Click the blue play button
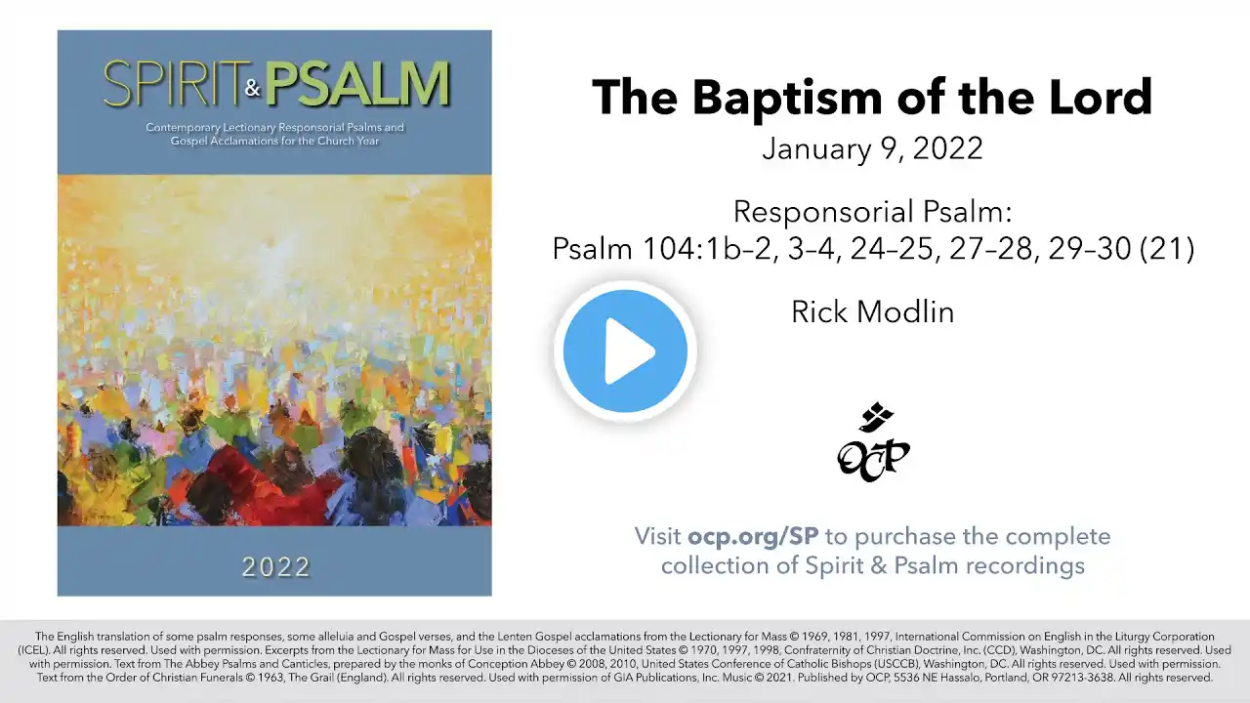pos(625,351)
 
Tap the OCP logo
pos(873,442)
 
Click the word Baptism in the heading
pos(787,99)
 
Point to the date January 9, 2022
pos(873,148)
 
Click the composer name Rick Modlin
pos(873,311)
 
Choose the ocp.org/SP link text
pos(753,536)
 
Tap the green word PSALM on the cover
pos(357,84)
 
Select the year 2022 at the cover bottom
pos(275,567)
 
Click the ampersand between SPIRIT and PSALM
pos(253,88)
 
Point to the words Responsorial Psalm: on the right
pos(873,212)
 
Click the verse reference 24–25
pos(892,248)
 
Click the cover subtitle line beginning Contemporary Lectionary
pos(274,127)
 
